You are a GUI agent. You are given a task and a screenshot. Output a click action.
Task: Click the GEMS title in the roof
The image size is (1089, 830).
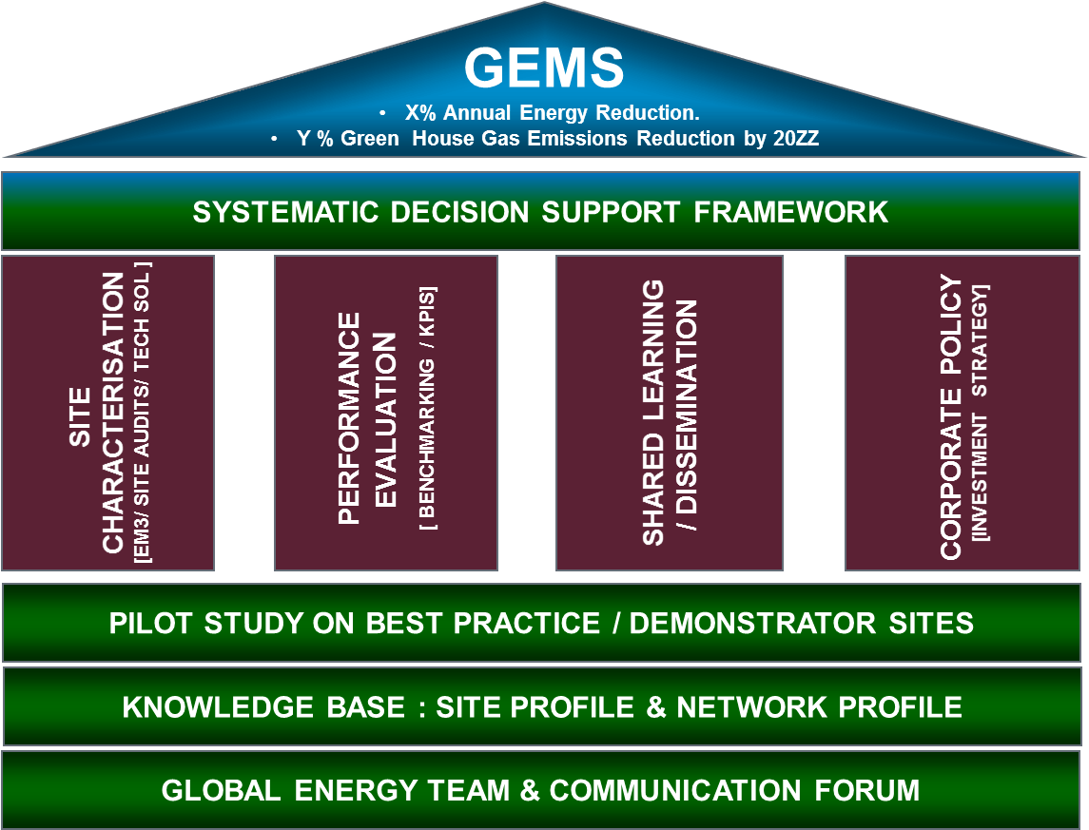pyautogui.click(x=544, y=68)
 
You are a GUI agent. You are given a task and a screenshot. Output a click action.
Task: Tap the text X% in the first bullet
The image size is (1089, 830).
pyautogui.click(x=420, y=112)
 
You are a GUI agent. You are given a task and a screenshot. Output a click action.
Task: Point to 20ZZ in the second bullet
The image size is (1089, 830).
pyautogui.click(x=796, y=138)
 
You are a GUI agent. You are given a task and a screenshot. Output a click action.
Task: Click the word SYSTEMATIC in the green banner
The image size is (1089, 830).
pyautogui.click(x=284, y=212)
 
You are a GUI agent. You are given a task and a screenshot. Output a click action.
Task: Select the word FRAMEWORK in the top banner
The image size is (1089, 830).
pyautogui.click(x=791, y=212)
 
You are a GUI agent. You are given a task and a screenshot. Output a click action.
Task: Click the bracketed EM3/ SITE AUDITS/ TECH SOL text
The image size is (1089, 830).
pyautogui.click(x=142, y=413)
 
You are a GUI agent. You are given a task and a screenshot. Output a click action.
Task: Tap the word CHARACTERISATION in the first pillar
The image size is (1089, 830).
pyautogui.click(x=113, y=413)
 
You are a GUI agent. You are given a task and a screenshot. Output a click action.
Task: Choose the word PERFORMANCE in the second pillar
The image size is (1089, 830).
pyautogui.click(x=349, y=417)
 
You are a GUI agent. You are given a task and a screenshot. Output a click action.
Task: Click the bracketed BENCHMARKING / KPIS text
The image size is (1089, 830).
pyautogui.click(x=426, y=410)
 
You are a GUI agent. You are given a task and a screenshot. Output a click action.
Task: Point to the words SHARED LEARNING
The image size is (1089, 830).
pyautogui.click(x=652, y=413)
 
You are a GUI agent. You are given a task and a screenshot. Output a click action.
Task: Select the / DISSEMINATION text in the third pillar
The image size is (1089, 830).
pyautogui.click(x=686, y=415)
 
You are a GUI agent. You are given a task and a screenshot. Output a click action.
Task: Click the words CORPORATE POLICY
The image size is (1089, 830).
pyautogui.click(x=951, y=416)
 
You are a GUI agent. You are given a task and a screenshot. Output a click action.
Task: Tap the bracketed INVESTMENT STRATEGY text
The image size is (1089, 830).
pyautogui.click(x=980, y=413)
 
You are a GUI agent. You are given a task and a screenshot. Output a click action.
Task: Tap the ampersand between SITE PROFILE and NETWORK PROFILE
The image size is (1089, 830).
pyautogui.click(x=656, y=707)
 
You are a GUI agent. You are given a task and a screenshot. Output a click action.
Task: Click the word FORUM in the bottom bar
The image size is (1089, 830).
pyautogui.click(x=866, y=790)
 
